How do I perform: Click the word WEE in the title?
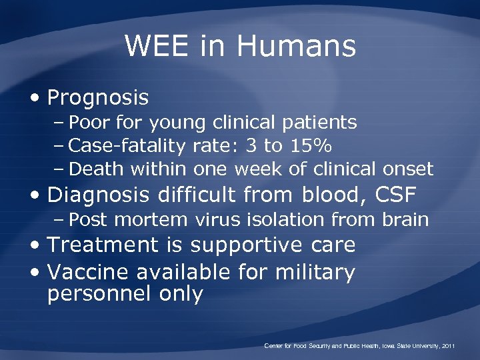[153, 46]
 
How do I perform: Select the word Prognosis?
[98, 99]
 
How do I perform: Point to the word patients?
[318, 123]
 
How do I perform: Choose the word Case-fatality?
[129, 145]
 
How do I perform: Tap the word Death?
[97, 168]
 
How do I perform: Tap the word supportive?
[251, 246]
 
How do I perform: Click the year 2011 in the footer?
[447, 346]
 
